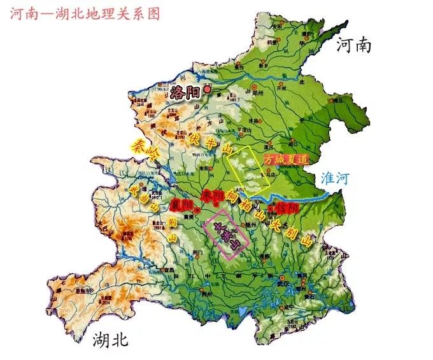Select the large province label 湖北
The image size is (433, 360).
(110, 339)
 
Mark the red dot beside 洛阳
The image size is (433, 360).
(206, 90)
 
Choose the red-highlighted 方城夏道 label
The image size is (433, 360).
(287, 159)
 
